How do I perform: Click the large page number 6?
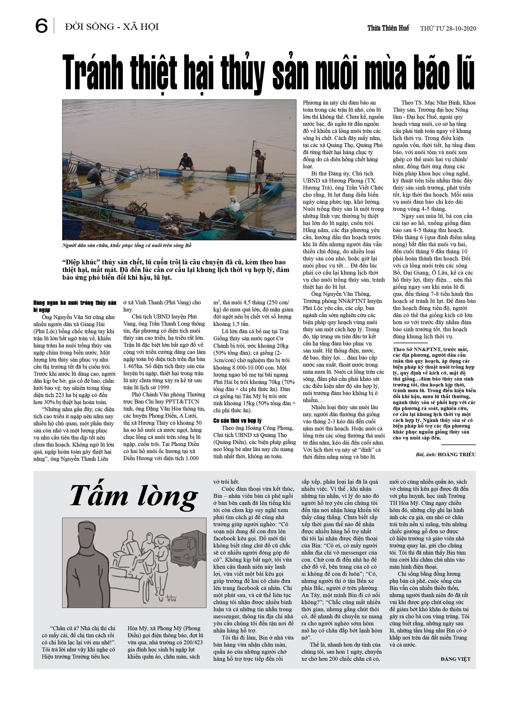42,26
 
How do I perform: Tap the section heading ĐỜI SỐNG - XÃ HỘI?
112,27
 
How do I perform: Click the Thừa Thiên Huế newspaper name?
388,28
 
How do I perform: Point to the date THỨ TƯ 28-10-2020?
448,29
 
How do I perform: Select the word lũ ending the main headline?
464,73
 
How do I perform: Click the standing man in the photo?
259,172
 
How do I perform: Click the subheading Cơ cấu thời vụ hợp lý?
237,420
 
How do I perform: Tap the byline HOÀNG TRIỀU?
457,454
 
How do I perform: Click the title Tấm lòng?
134,496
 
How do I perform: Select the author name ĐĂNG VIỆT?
455,659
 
